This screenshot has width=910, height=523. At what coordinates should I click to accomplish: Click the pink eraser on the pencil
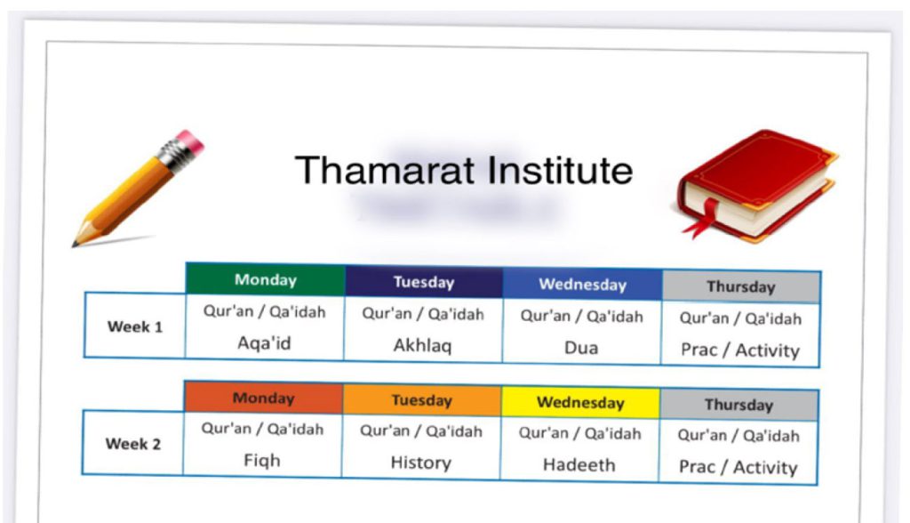click(191, 141)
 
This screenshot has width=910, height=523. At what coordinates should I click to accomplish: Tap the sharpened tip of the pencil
click(74, 245)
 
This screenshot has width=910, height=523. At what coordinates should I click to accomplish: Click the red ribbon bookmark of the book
click(704, 217)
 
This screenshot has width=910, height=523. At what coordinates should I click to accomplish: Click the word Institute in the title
click(560, 170)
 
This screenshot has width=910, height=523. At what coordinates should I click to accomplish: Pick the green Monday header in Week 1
click(266, 279)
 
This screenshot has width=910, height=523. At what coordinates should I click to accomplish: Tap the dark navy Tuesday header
click(424, 283)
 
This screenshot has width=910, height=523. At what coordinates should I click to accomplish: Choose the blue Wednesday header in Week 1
click(583, 285)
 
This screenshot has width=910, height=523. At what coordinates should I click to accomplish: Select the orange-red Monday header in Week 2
click(263, 398)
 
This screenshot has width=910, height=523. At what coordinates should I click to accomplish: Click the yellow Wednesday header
click(580, 403)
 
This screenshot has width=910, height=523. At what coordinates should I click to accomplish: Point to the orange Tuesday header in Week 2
click(422, 400)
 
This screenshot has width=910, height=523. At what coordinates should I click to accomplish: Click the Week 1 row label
click(135, 326)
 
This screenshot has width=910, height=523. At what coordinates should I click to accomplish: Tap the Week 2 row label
click(133, 444)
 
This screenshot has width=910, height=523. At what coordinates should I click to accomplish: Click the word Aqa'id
click(264, 343)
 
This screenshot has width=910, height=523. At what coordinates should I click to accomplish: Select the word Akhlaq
click(422, 346)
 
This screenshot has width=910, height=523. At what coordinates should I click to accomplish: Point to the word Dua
click(581, 348)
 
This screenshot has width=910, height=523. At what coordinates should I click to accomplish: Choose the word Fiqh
click(262, 461)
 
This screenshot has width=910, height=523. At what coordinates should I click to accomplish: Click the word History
click(420, 463)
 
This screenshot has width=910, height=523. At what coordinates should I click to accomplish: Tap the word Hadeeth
click(579, 465)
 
